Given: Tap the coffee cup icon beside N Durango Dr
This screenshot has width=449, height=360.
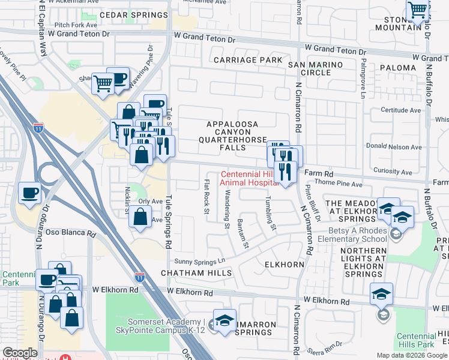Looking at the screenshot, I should [x=30, y=194].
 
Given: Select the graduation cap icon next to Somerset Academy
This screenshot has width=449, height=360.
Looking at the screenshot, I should [x=224, y=322].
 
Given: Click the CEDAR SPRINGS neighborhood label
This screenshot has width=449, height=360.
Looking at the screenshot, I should [x=133, y=15].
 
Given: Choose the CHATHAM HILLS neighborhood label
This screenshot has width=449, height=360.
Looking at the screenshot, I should [x=196, y=273].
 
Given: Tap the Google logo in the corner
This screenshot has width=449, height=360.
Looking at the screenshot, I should [x=20, y=353].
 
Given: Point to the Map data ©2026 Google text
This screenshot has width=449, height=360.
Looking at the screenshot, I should [x=411, y=355].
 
